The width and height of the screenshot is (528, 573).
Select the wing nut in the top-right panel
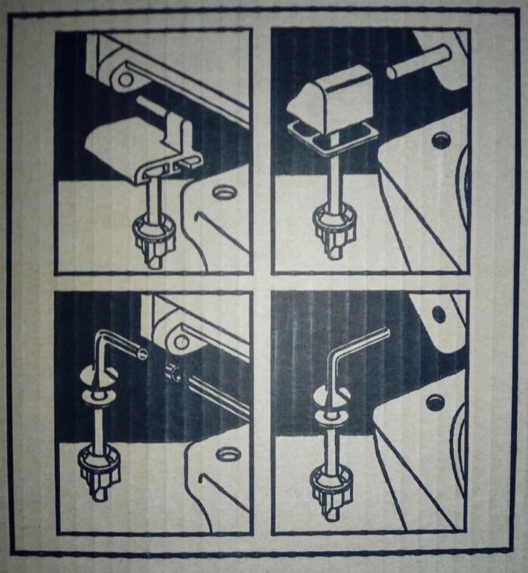pos(333,226)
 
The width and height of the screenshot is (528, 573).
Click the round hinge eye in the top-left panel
pos(125,78)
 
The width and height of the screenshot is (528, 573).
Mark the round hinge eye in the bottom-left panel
pos(180,342)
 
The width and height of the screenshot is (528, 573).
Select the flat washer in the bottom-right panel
pos(332,415)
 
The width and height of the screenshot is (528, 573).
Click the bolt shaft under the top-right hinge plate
pos(333,182)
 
